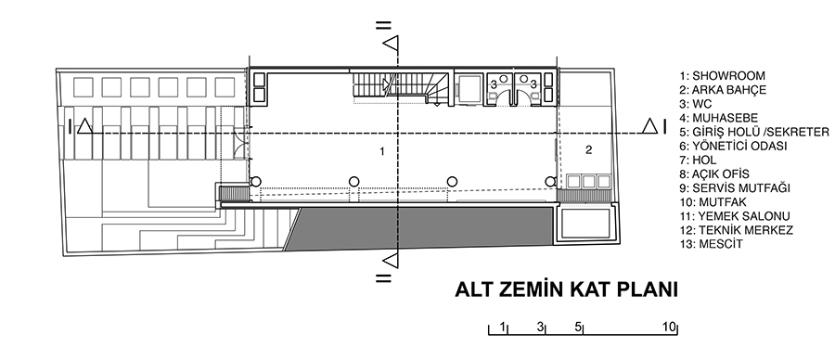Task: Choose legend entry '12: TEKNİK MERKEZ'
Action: click(737, 230)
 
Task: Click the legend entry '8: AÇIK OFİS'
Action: click(714, 174)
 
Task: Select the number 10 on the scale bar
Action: click(669, 327)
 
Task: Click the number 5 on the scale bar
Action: click(578, 327)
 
